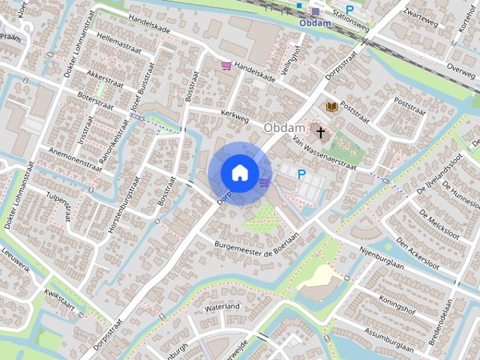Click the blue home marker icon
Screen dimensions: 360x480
239,172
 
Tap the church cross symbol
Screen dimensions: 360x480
321,133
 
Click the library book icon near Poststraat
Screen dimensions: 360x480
331,108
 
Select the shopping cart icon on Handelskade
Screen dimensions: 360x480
226,66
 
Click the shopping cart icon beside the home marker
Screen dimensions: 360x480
264,181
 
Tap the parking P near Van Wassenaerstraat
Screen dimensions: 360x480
301,174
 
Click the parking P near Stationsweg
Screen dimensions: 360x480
349,10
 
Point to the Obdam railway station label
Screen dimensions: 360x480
314,22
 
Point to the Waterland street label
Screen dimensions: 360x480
221,307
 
